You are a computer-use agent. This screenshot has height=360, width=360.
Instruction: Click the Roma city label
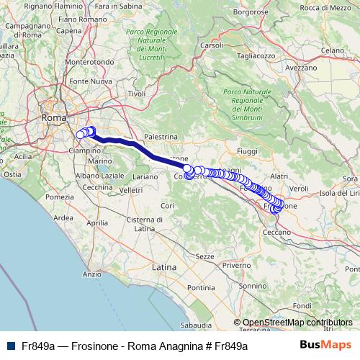tap(53, 117)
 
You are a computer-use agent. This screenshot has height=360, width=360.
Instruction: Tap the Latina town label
tap(164, 266)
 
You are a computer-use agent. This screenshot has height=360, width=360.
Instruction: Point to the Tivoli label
tap(136, 94)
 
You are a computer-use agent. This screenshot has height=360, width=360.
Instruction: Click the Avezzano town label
tap(301, 67)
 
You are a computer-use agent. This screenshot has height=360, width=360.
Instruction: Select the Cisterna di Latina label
tap(145, 224)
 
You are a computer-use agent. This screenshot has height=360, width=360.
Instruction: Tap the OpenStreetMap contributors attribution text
tap(297, 323)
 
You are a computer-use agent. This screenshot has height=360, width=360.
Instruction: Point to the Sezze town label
tap(205, 256)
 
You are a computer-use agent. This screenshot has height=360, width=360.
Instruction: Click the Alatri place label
tap(278, 175)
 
